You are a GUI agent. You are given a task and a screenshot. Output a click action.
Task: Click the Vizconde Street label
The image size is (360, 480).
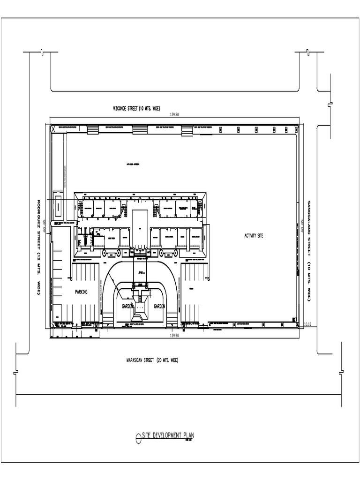click(136, 109)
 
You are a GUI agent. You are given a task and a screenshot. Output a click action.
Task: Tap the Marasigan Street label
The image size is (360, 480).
click(152, 360)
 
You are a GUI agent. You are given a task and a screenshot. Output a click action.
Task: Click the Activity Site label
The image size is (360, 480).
click(254, 235)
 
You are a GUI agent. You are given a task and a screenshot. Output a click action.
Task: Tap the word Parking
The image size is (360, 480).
click(81, 292)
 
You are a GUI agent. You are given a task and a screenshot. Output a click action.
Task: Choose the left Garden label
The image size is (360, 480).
click(127, 306)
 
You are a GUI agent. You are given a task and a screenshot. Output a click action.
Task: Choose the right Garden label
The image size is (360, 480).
click(159, 306)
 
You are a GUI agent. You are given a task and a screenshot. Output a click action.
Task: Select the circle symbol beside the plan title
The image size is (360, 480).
click(138, 438)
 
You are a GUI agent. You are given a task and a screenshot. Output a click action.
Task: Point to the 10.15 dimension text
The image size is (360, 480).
click(308, 324)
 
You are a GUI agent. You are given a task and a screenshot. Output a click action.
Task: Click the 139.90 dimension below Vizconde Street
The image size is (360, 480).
click(175, 114)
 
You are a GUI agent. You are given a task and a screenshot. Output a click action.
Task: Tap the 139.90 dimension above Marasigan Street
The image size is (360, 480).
click(174, 336)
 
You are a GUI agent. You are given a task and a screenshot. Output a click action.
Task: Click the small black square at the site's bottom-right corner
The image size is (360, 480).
click(294, 320)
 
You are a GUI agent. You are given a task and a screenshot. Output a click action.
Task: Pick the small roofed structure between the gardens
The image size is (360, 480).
click(140, 309)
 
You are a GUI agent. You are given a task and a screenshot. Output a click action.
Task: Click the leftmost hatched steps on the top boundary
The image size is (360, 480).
click(93, 129)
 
